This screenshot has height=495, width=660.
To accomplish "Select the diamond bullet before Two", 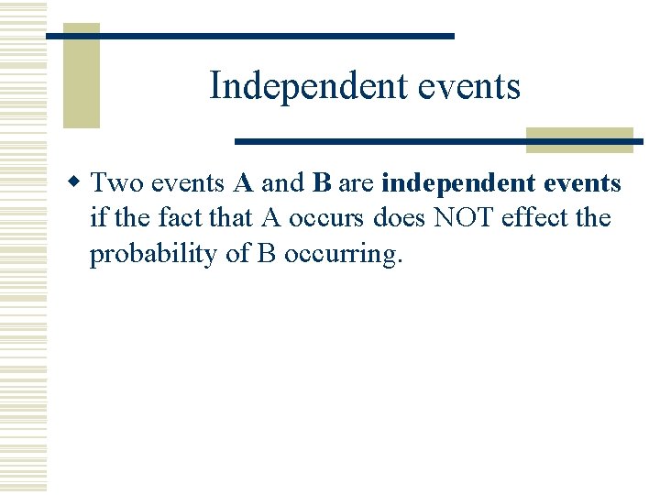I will pyautogui.click(x=79, y=183).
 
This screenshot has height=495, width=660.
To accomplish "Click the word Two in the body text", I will pyautogui.click(x=117, y=183).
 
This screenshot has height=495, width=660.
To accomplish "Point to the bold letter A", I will pyautogui.click(x=243, y=183).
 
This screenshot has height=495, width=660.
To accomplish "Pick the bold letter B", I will pyautogui.click(x=321, y=183).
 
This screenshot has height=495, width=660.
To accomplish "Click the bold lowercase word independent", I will pyautogui.click(x=458, y=184).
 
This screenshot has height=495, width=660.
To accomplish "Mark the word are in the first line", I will pyautogui.click(x=357, y=183).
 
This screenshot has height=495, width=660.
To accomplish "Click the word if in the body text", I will pyautogui.click(x=97, y=219).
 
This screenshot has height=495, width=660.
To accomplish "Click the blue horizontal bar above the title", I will pyautogui.click(x=249, y=36).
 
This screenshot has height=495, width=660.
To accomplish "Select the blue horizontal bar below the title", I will pyautogui.click(x=438, y=141).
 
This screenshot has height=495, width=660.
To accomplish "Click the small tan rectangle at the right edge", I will pyautogui.click(x=579, y=139).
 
